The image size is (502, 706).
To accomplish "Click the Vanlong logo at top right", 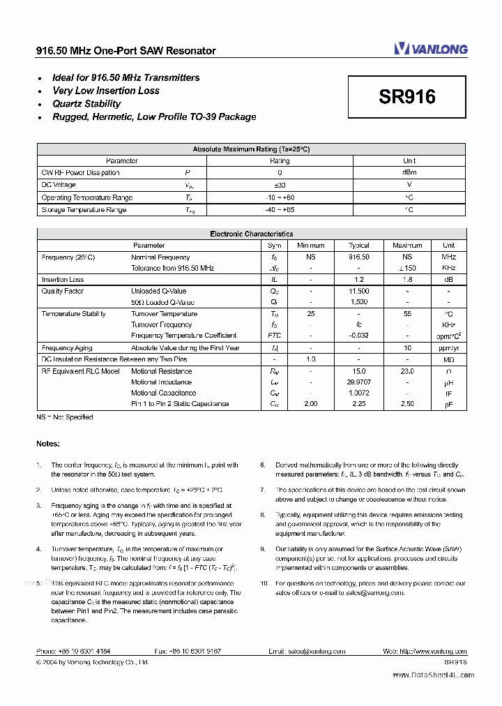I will point(430,48).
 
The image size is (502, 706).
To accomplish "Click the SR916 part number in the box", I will point(407,97).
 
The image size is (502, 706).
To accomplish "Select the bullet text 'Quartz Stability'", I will point(86,104).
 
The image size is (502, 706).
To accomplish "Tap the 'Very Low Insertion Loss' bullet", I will point(105,91).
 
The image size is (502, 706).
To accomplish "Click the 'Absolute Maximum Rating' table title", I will point(251,149).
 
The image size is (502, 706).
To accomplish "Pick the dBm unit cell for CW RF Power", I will point(409,173).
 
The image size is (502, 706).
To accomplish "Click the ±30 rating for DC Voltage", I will point(280,186).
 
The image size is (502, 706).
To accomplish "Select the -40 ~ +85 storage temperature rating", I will point(280,210).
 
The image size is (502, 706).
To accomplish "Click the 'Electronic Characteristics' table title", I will point(251,234).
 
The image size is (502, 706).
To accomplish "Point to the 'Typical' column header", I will point(359,246).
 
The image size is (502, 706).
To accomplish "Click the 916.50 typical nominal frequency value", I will point(359,257).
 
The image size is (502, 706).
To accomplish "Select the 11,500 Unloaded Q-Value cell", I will point(359,291).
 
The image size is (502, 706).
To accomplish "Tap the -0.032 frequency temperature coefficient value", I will point(359,336).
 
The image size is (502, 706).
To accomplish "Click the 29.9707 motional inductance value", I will point(359,382).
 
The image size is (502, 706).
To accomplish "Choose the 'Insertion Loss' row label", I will point(63,280).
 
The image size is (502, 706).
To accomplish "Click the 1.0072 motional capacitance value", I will point(359,393).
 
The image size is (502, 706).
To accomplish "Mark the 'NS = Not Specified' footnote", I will point(64,417).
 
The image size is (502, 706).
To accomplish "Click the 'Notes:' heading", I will point(48,444).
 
